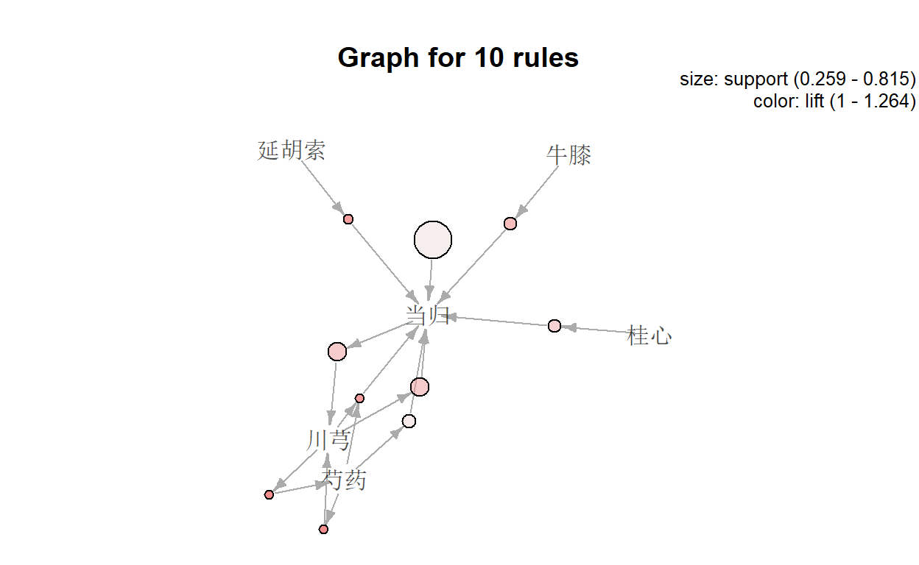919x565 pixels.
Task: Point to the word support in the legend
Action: pyautogui.click(x=750, y=79)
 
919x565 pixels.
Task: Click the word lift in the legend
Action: pyautogui.click(x=814, y=101)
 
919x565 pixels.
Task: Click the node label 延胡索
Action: pyautogui.click(x=292, y=151)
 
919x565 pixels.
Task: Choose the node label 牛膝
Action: pyautogui.click(x=568, y=155)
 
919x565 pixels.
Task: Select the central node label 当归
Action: pyautogui.click(x=427, y=316)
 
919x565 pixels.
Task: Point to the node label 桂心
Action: pyautogui.click(x=649, y=336)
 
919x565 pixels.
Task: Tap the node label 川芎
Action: pyautogui.click(x=328, y=441)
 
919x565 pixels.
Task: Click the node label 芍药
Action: pyautogui.click(x=345, y=481)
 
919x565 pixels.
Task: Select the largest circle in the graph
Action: pyautogui.click(x=433, y=240)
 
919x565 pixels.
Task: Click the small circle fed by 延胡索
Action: pyautogui.click(x=348, y=219)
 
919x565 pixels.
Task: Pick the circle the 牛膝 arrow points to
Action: pyautogui.click(x=510, y=224)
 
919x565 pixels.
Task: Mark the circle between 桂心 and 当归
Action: pyautogui.click(x=554, y=326)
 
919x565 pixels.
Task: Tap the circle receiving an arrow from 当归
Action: pyautogui.click(x=337, y=352)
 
